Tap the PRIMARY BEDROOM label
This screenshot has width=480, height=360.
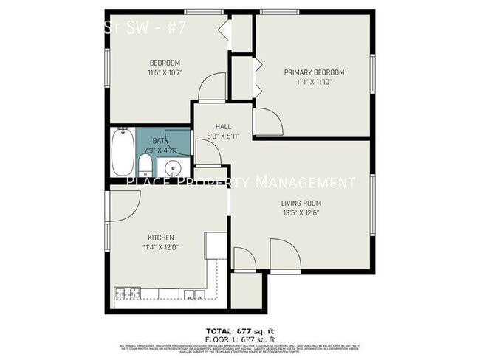[x=314, y=72]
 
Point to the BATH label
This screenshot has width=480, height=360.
[x=160, y=140]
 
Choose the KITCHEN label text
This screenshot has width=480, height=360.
[x=161, y=238]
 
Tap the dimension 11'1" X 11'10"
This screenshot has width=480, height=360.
[x=314, y=82]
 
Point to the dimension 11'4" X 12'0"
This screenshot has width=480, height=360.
[x=161, y=248]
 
